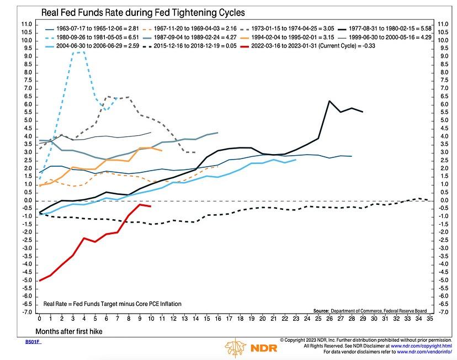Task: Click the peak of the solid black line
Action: pos(330,101)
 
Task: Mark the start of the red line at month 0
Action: pos(40,280)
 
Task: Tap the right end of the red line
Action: pos(151,207)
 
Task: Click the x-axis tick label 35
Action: pos(429,319)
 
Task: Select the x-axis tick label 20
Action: pos(262,319)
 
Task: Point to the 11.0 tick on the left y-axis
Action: pos(26,24)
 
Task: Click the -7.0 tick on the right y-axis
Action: pos(442,312)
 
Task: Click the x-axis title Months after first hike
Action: pos(67,331)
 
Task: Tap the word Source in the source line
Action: pos(322,310)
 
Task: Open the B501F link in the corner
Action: pos(33,342)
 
